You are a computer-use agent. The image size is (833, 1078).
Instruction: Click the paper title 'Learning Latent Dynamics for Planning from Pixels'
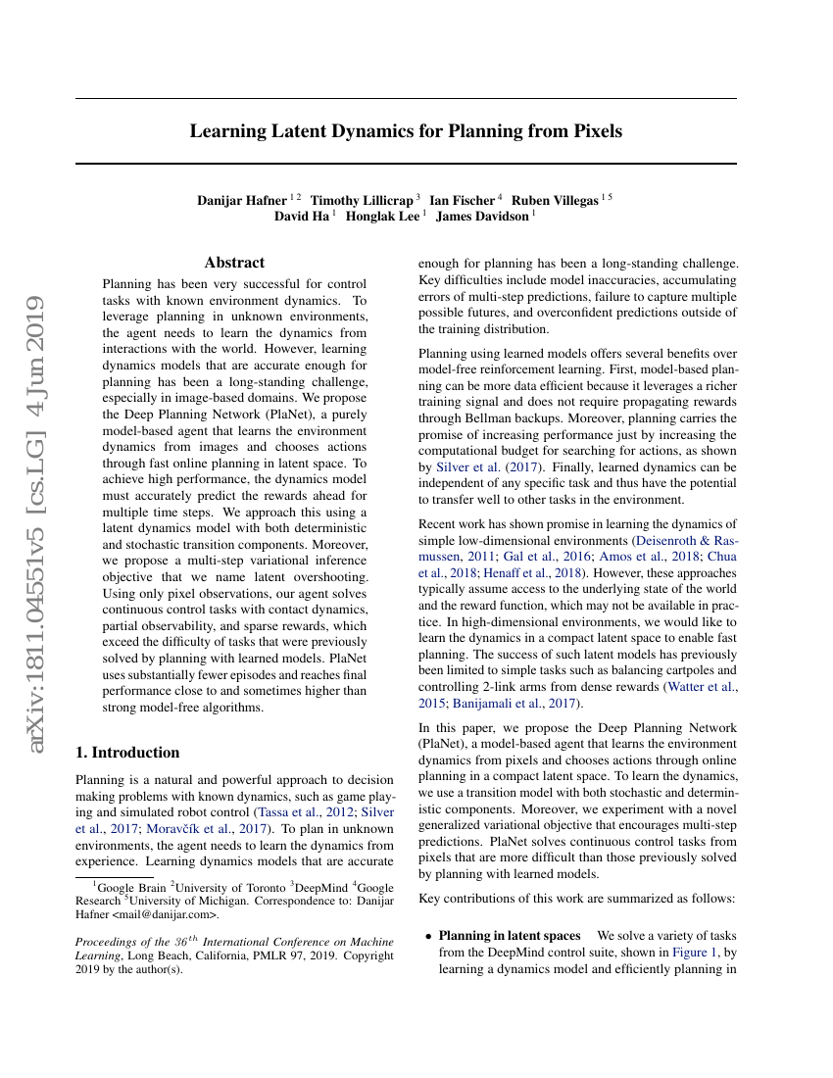point(406,130)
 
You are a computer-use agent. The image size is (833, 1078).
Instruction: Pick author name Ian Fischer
point(463,201)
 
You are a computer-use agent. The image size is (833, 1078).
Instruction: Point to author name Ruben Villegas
point(556,201)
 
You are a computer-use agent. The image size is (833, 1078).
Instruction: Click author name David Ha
point(302,217)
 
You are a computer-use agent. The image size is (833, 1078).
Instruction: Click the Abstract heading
point(234,263)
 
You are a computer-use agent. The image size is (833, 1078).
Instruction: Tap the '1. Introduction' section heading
point(127,753)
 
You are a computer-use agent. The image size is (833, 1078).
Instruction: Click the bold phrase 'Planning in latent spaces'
point(510,936)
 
